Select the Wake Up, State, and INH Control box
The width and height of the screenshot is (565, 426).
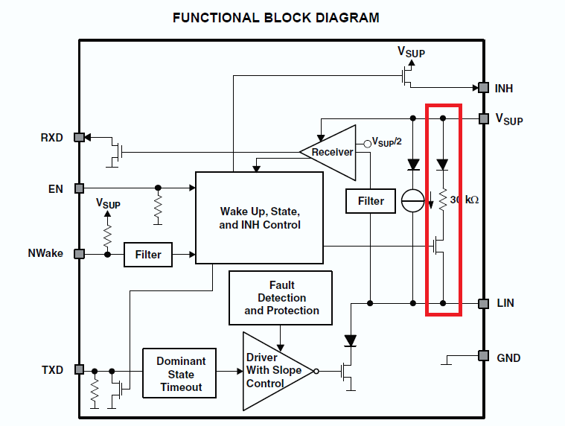coord(259,217)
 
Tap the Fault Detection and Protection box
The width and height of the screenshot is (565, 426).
coord(281,297)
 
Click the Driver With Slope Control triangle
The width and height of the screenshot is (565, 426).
coord(274,370)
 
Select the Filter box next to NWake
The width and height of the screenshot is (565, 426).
coord(147,255)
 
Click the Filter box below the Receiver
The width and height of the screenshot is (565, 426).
coord(371,201)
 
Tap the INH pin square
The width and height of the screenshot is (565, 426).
coord(483,88)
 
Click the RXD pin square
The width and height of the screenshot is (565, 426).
coord(80,137)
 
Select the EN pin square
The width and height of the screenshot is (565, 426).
coord(80,188)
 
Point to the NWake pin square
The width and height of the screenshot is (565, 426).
coord(80,254)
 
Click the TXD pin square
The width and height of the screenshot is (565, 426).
coord(80,370)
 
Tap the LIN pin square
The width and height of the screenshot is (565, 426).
coord(483,303)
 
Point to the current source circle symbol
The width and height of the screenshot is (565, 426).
coord(413,201)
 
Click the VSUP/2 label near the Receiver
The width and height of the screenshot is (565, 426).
coord(386,142)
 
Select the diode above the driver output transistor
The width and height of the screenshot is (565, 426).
coord(350,341)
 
